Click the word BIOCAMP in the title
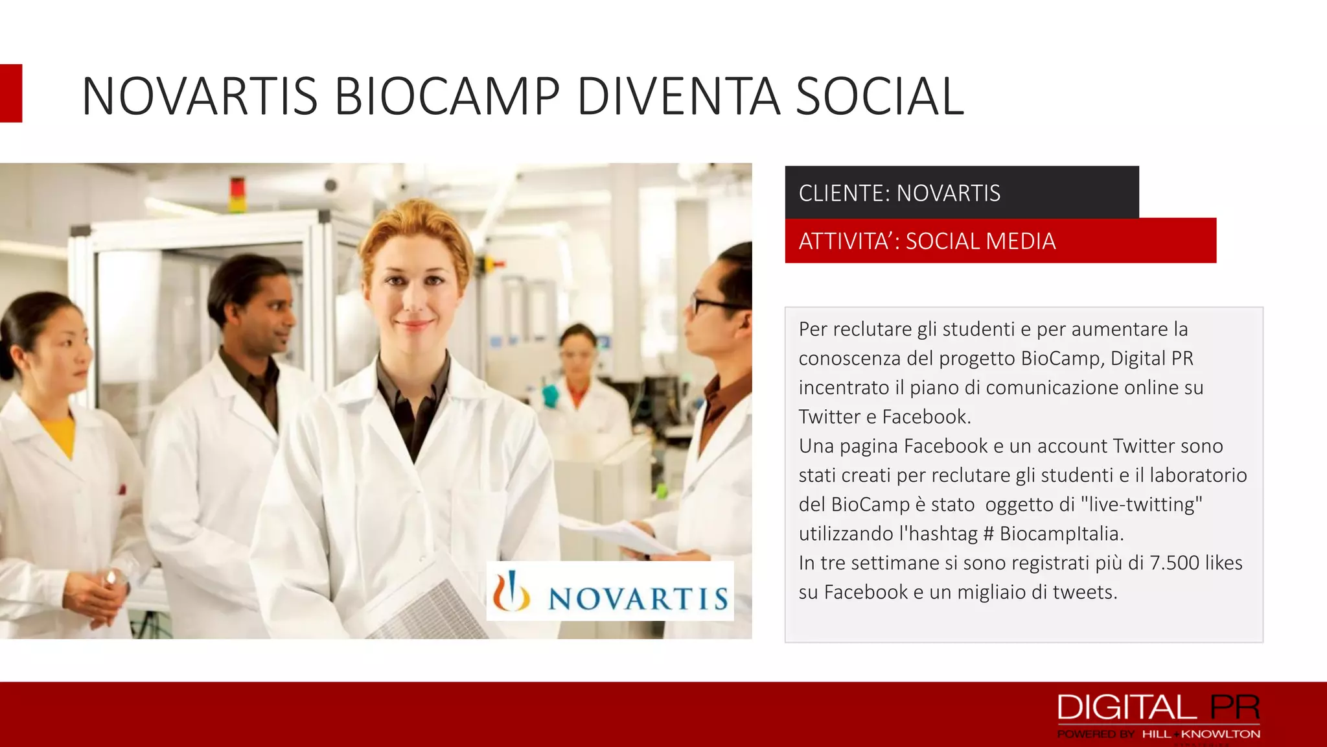coord(446,97)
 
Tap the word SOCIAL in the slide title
coord(879,97)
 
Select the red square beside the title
coord(11,93)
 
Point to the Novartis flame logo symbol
coord(512,591)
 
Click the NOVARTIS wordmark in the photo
coord(638,598)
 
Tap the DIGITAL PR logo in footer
coord(1158,707)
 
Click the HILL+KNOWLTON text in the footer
coord(1201,734)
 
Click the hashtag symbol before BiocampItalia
coord(988,534)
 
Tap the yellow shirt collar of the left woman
coord(60,434)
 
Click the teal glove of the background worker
coord(550,395)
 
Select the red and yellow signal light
coord(238,194)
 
